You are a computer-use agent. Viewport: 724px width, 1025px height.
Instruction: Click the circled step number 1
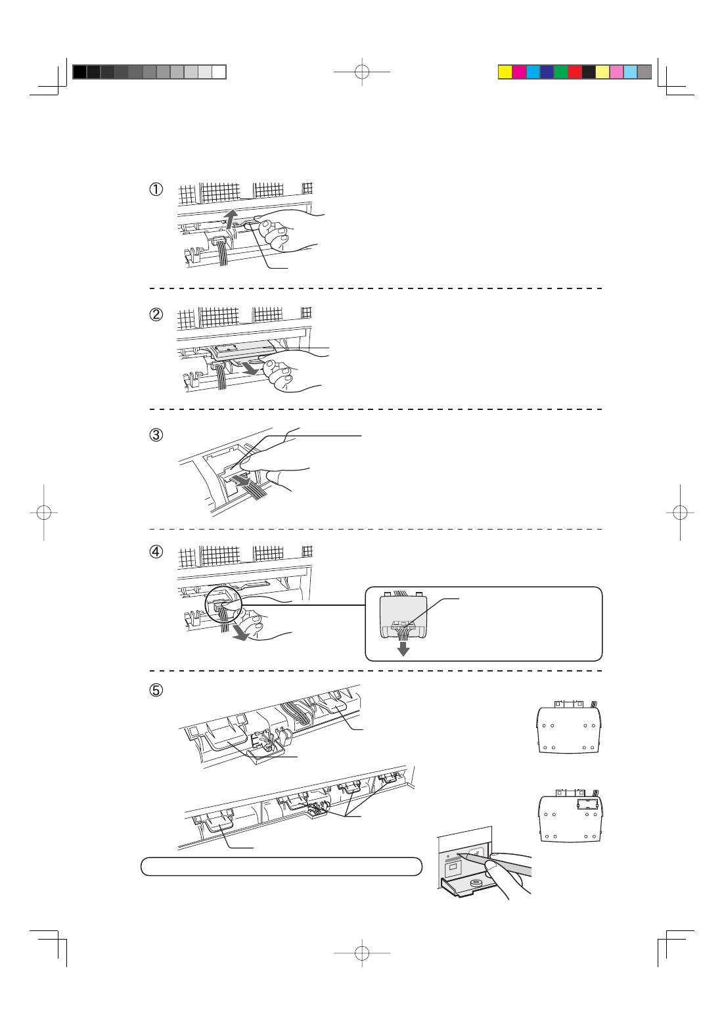pos(156,189)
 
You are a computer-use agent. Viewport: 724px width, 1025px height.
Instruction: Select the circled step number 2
pos(156,314)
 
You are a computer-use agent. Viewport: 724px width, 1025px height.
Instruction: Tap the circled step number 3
pos(156,435)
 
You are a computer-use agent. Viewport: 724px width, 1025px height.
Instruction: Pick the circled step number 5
pos(156,691)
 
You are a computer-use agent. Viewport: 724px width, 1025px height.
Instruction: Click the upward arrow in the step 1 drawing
pos(229,218)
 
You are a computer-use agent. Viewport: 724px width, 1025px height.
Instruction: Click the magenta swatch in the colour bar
pos(519,72)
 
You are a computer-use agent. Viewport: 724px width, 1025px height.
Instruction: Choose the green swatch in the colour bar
pos(561,72)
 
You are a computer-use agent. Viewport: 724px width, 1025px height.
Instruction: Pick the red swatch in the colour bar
pos(575,72)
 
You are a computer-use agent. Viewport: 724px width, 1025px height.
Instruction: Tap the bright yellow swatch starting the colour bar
pos(505,72)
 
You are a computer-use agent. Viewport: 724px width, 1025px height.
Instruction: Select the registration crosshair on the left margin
pos(43,512)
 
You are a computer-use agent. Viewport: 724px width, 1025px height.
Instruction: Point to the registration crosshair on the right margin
pos(681,512)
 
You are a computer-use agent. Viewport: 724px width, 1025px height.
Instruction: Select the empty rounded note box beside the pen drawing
pos(281,866)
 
